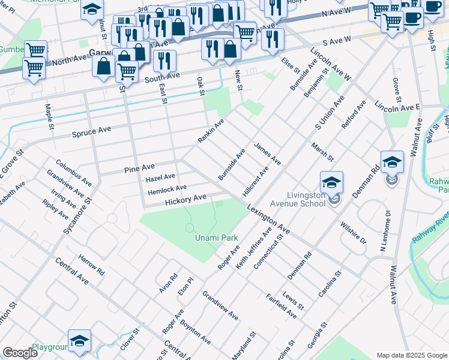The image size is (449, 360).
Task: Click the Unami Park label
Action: pos(216,238)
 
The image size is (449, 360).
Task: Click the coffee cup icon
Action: pos(412,17)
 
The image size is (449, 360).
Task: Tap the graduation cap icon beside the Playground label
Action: pos(79,340)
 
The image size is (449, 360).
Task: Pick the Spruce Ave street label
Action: pos(92,130)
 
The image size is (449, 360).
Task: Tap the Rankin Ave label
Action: pos(211,131)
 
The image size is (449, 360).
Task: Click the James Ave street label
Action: pos(268,154)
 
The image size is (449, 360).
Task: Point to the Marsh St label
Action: pos(322,152)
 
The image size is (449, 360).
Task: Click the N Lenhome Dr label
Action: pos(384,230)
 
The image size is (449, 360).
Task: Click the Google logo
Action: pos(20,353)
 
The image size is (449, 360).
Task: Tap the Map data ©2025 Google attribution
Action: pos(412,355)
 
